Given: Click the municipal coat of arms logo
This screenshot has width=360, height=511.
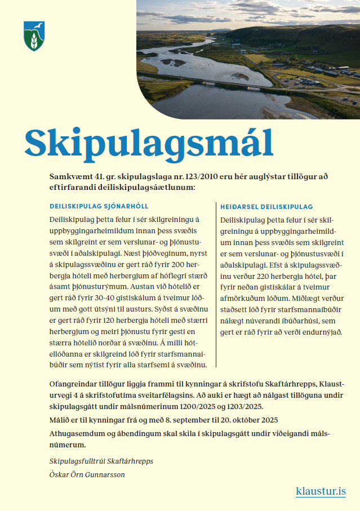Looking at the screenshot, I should point(34,37).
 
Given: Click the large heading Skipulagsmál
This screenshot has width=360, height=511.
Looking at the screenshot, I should point(149,143).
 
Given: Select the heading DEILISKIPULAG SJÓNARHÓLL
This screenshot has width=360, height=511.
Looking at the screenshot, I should point(99,206).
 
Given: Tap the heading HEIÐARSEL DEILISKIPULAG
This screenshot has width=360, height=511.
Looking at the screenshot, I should point(267,207).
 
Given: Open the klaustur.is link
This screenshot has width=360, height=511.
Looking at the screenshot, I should point(321,491).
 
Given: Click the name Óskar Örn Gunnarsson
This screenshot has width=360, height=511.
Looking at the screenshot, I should point(87,474).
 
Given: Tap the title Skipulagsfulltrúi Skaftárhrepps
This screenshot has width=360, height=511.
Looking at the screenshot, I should point(101,461).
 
